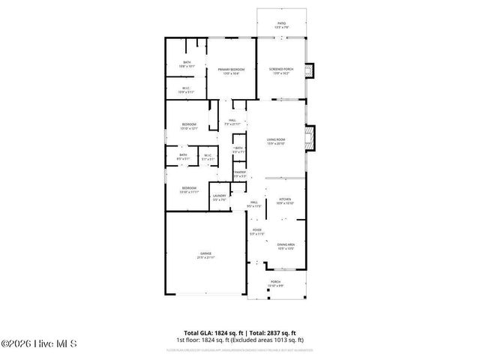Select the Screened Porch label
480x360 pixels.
pyautogui.click(x=281, y=71)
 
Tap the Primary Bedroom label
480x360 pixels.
pyautogui.click(x=232, y=71)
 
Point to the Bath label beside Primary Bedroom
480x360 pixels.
pyautogui.click(x=187, y=64)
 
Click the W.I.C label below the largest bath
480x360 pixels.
pyautogui.click(x=187, y=90)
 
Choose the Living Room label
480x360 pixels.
pyautogui.click(x=277, y=141)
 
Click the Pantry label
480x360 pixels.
pyautogui.click(x=239, y=174)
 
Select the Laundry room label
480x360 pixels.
pyautogui.click(x=219, y=197)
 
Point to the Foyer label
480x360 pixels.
pyautogui.click(x=256, y=232)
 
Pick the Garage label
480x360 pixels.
pyautogui.click(x=205, y=255)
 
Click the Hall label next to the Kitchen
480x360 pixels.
pyautogui.click(x=255, y=203)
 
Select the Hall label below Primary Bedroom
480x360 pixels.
pyautogui.click(x=232, y=121)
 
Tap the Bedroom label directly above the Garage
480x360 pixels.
pyautogui.click(x=187, y=190)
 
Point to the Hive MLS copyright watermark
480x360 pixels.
pyautogui.click(x=43, y=346)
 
